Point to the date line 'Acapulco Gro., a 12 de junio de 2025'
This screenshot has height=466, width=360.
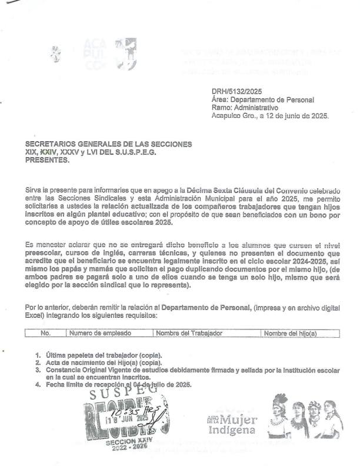tap(270, 116)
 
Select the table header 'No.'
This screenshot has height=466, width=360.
tap(45, 334)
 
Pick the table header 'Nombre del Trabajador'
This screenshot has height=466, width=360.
tap(189, 334)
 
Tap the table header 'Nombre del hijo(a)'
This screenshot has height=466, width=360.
tap(290, 334)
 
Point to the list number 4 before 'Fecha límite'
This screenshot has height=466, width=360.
tap(38, 385)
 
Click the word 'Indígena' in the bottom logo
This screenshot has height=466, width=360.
tap(232, 430)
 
